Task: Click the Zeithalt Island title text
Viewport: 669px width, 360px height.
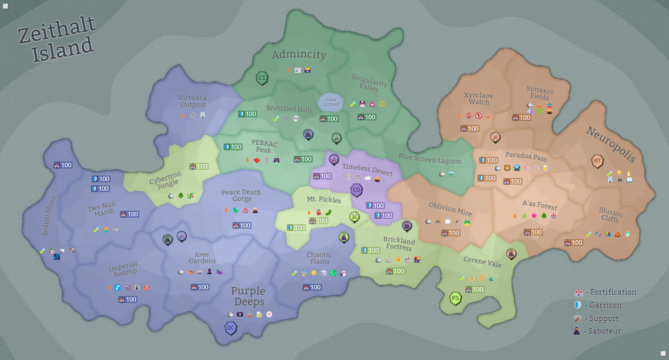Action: (57, 40)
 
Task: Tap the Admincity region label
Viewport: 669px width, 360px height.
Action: (299, 54)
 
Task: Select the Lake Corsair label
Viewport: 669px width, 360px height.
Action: (331, 102)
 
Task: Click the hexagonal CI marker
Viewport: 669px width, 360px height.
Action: (262, 78)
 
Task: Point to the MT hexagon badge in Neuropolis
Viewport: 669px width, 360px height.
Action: (597, 161)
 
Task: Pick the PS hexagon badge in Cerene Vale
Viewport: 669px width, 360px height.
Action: (455, 299)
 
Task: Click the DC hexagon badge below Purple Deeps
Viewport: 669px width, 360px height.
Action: (231, 328)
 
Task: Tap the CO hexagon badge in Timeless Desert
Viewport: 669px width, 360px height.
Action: (357, 190)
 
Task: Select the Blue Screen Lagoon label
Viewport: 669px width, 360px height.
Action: (429, 158)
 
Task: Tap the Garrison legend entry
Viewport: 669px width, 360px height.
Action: (598, 305)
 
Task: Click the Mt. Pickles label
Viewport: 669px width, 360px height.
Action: (324, 199)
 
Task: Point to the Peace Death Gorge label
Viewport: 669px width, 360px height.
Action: (241, 195)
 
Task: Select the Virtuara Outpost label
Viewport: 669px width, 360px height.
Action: (192, 101)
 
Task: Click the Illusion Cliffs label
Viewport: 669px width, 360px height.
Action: (611, 215)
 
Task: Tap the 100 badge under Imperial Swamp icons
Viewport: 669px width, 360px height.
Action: (128, 300)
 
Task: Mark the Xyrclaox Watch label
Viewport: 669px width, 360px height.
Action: (479, 99)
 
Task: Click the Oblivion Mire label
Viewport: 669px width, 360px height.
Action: (450, 209)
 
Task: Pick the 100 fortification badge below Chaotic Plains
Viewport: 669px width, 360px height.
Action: (312, 287)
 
